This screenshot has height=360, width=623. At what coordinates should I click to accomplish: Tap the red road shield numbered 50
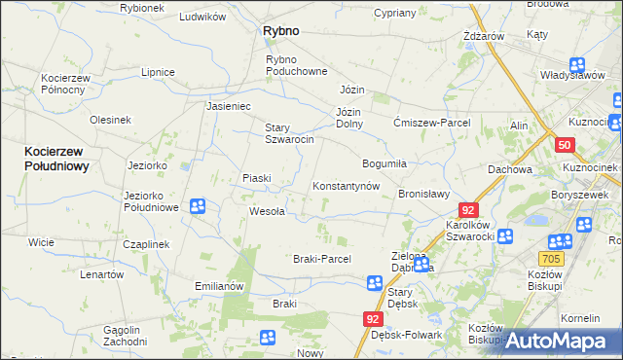[566, 145]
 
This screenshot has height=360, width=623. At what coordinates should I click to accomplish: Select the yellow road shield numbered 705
[550, 258]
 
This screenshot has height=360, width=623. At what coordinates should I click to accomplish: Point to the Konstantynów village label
[345, 186]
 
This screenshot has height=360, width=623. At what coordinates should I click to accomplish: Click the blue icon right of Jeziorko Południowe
[198, 205]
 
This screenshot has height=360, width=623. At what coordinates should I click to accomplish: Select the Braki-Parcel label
[321, 259]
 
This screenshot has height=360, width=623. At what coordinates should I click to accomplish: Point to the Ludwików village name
[202, 17]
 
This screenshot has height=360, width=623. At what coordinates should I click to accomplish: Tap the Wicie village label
[41, 241]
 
